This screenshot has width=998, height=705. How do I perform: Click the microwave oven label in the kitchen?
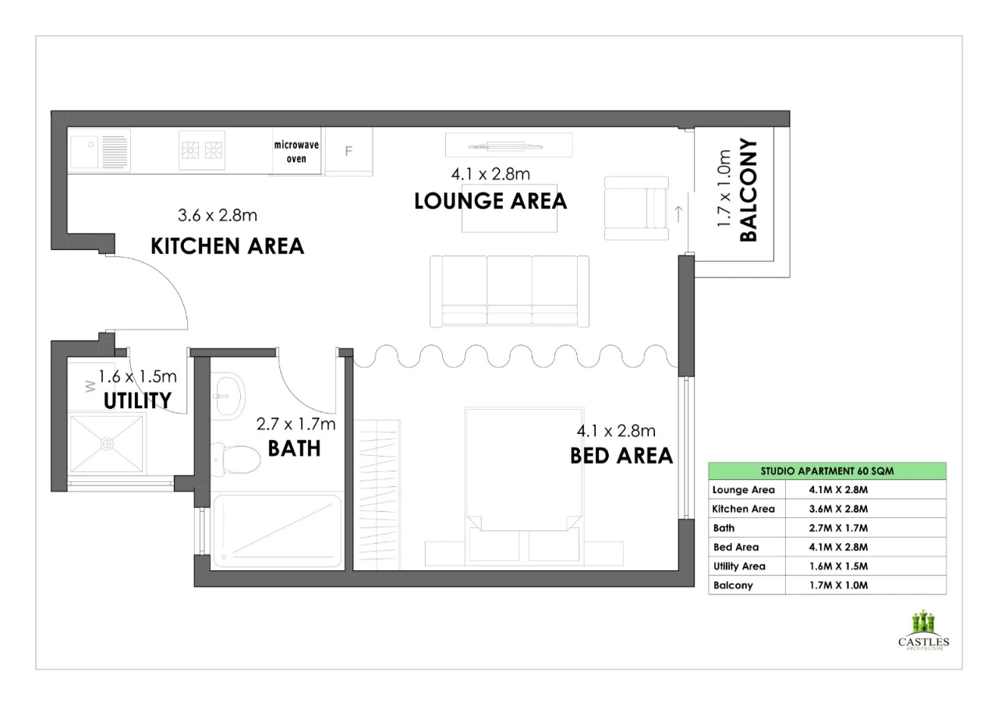[296, 151]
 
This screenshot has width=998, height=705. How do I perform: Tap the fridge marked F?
[349, 151]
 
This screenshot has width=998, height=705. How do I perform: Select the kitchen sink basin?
[84, 151]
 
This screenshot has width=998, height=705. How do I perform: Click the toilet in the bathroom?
[235, 458]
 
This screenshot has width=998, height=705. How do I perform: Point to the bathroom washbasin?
[228, 396]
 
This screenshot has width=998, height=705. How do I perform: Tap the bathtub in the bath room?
[277, 531]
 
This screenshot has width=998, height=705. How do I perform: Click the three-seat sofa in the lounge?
[509, 291]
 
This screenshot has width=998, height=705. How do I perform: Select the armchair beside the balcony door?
[636, 208]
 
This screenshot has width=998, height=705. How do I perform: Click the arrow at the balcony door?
[678, 214]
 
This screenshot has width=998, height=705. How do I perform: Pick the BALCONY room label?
[748, 190]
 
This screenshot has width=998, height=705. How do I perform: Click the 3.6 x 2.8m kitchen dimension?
[218, 216]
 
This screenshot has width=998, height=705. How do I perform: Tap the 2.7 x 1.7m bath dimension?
[296, 424]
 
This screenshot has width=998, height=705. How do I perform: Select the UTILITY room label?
[137, 400]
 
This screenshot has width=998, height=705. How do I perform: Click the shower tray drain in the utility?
[107, 444]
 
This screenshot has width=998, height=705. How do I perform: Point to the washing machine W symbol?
[90, 386]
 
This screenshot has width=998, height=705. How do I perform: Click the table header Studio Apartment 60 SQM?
[827, 471]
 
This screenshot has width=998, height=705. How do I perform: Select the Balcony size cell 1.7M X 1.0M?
[838, 585]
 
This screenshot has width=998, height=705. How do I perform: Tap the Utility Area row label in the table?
[739, 566]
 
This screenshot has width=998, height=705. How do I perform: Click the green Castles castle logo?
[923, 622]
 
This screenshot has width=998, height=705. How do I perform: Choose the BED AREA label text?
[621, 456]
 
